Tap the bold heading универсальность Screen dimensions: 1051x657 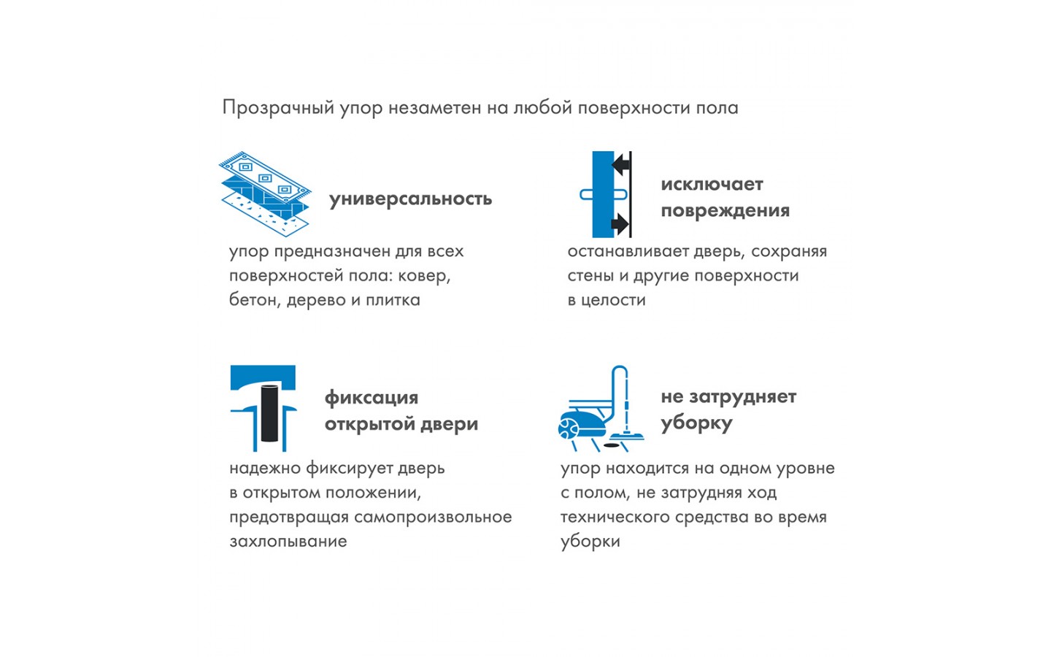point(410,199)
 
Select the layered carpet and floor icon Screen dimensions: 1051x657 point(265,194)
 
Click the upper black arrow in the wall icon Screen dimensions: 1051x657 point(620,165)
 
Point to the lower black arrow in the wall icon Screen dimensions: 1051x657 point(620,224)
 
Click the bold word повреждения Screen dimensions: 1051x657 point(725,211)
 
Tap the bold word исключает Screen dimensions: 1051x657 point(712,185)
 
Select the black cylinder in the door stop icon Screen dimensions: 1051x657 point(269,413)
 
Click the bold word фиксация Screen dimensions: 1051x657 point(371,398)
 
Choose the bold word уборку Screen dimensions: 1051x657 point(696,424)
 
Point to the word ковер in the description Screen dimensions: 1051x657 point(424,276)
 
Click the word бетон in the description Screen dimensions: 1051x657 point(255,300)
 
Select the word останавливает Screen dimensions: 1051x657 point(628,252)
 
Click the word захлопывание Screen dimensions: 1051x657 point(288,542)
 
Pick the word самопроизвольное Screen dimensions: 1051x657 point(433,518)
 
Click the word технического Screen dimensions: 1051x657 point(615,517)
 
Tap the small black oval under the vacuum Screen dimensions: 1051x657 point(610,445)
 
